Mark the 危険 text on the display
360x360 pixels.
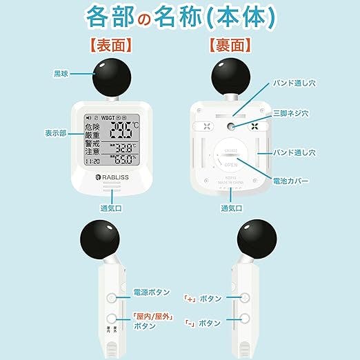tap(92, 128)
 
